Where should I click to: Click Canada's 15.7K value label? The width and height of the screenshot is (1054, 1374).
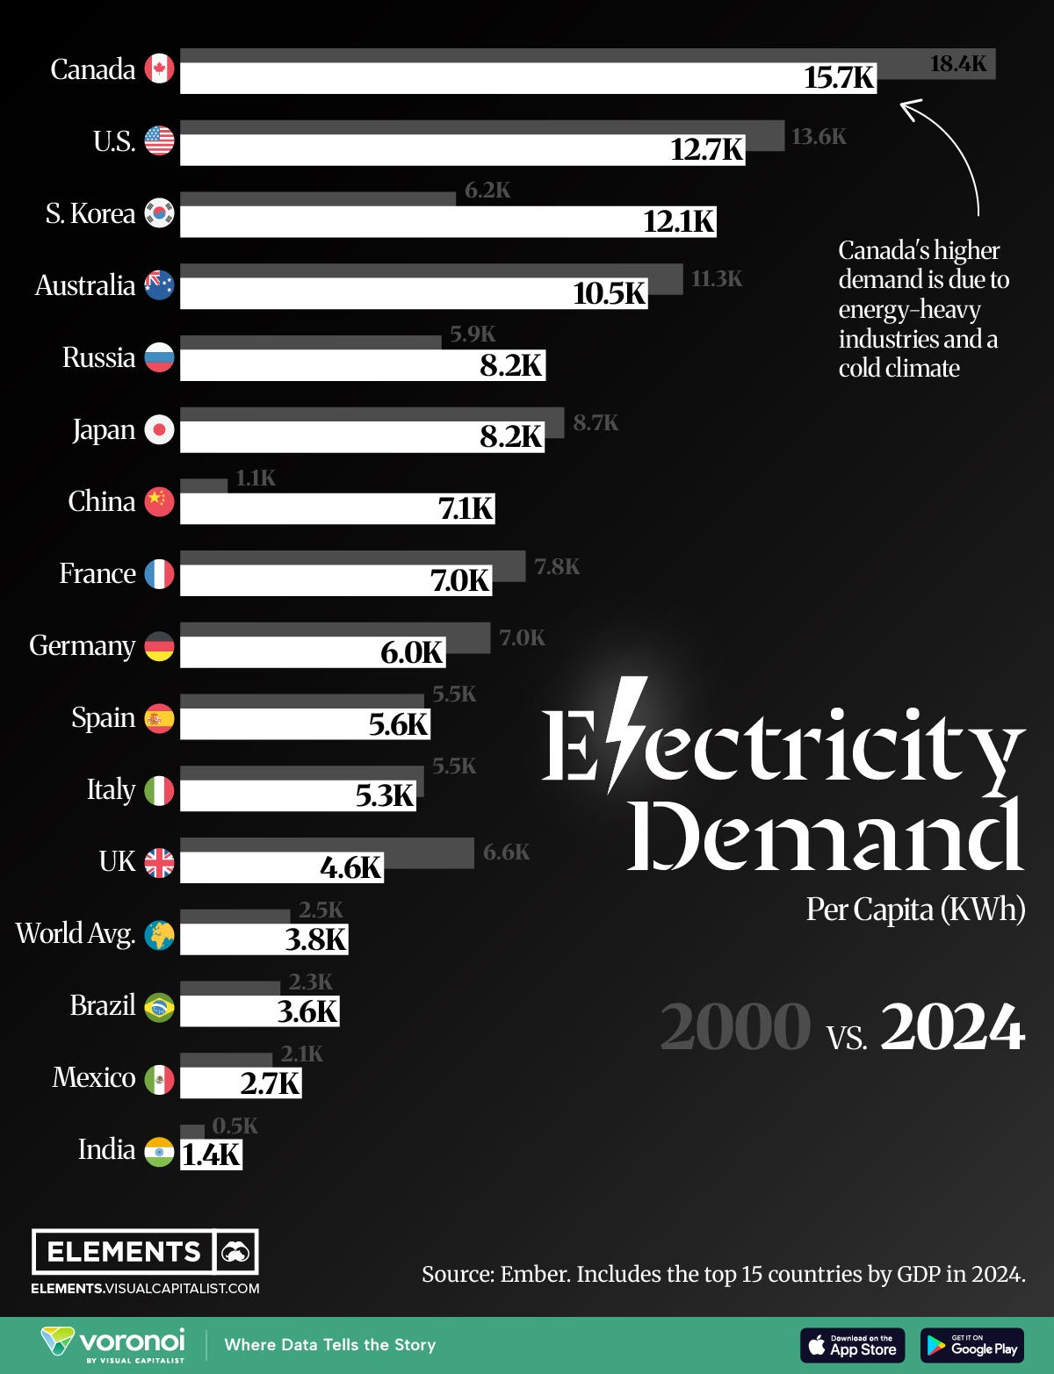(x=839, y=78)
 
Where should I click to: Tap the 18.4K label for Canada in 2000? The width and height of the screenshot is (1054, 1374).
(x=957, y=63)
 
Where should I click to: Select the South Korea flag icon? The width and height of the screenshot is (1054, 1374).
(x=159, y=213)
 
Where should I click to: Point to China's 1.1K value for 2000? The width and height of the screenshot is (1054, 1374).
(x=256, y=478)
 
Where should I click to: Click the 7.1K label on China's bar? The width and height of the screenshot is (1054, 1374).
(x=466, y=508)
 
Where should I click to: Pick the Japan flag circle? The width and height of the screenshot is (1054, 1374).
(x=159, y=429)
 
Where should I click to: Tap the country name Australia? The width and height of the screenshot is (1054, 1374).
(x=84, y=285)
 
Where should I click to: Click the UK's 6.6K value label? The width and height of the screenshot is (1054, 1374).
(x=506, y=852)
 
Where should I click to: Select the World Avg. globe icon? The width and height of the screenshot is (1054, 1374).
(x=159, y=935)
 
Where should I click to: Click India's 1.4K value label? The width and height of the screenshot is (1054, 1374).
(x=211, y=1155)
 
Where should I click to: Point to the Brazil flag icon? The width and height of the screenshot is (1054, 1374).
(x=159, y=1007)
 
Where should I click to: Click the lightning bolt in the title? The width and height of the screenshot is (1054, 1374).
(x=625, y=733)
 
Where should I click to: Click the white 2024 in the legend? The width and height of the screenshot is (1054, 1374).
(x=952, y=1026)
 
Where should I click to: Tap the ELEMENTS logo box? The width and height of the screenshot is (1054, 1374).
(x=145, y=1251)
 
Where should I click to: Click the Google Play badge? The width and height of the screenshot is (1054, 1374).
(x=971, y=1345)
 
